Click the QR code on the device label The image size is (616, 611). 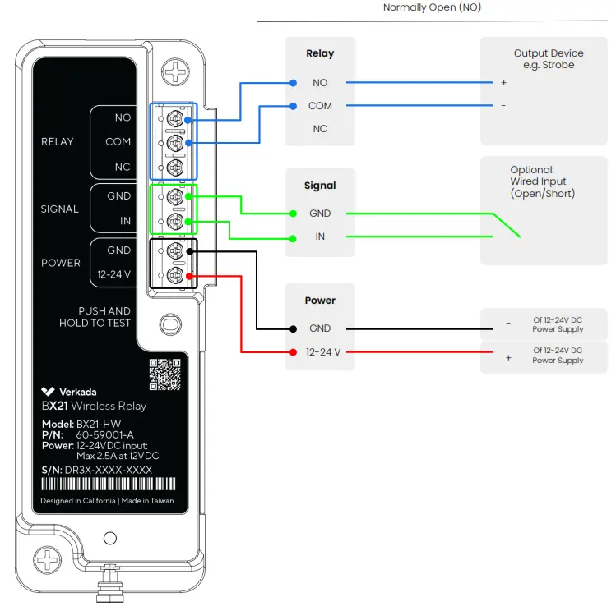click(x=164, y=374)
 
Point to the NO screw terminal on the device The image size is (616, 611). click(x=174, y=120)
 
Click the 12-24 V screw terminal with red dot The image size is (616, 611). click(x=174, y=275)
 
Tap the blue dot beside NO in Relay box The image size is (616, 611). click(x=293, y=83)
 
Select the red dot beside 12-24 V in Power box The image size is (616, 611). click(x=293, y=352)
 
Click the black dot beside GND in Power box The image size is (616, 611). click(x=293, y=328)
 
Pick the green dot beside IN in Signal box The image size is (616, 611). click(x=293, y=238)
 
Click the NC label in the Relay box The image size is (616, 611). click(x=320, y=129)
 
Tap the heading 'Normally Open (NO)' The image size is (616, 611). click(x=432, y=7)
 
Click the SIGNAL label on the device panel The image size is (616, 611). click(x=60, y=209)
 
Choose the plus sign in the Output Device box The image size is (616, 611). click(x=503, y=83)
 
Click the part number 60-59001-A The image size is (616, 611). click(x=105, y=434)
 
